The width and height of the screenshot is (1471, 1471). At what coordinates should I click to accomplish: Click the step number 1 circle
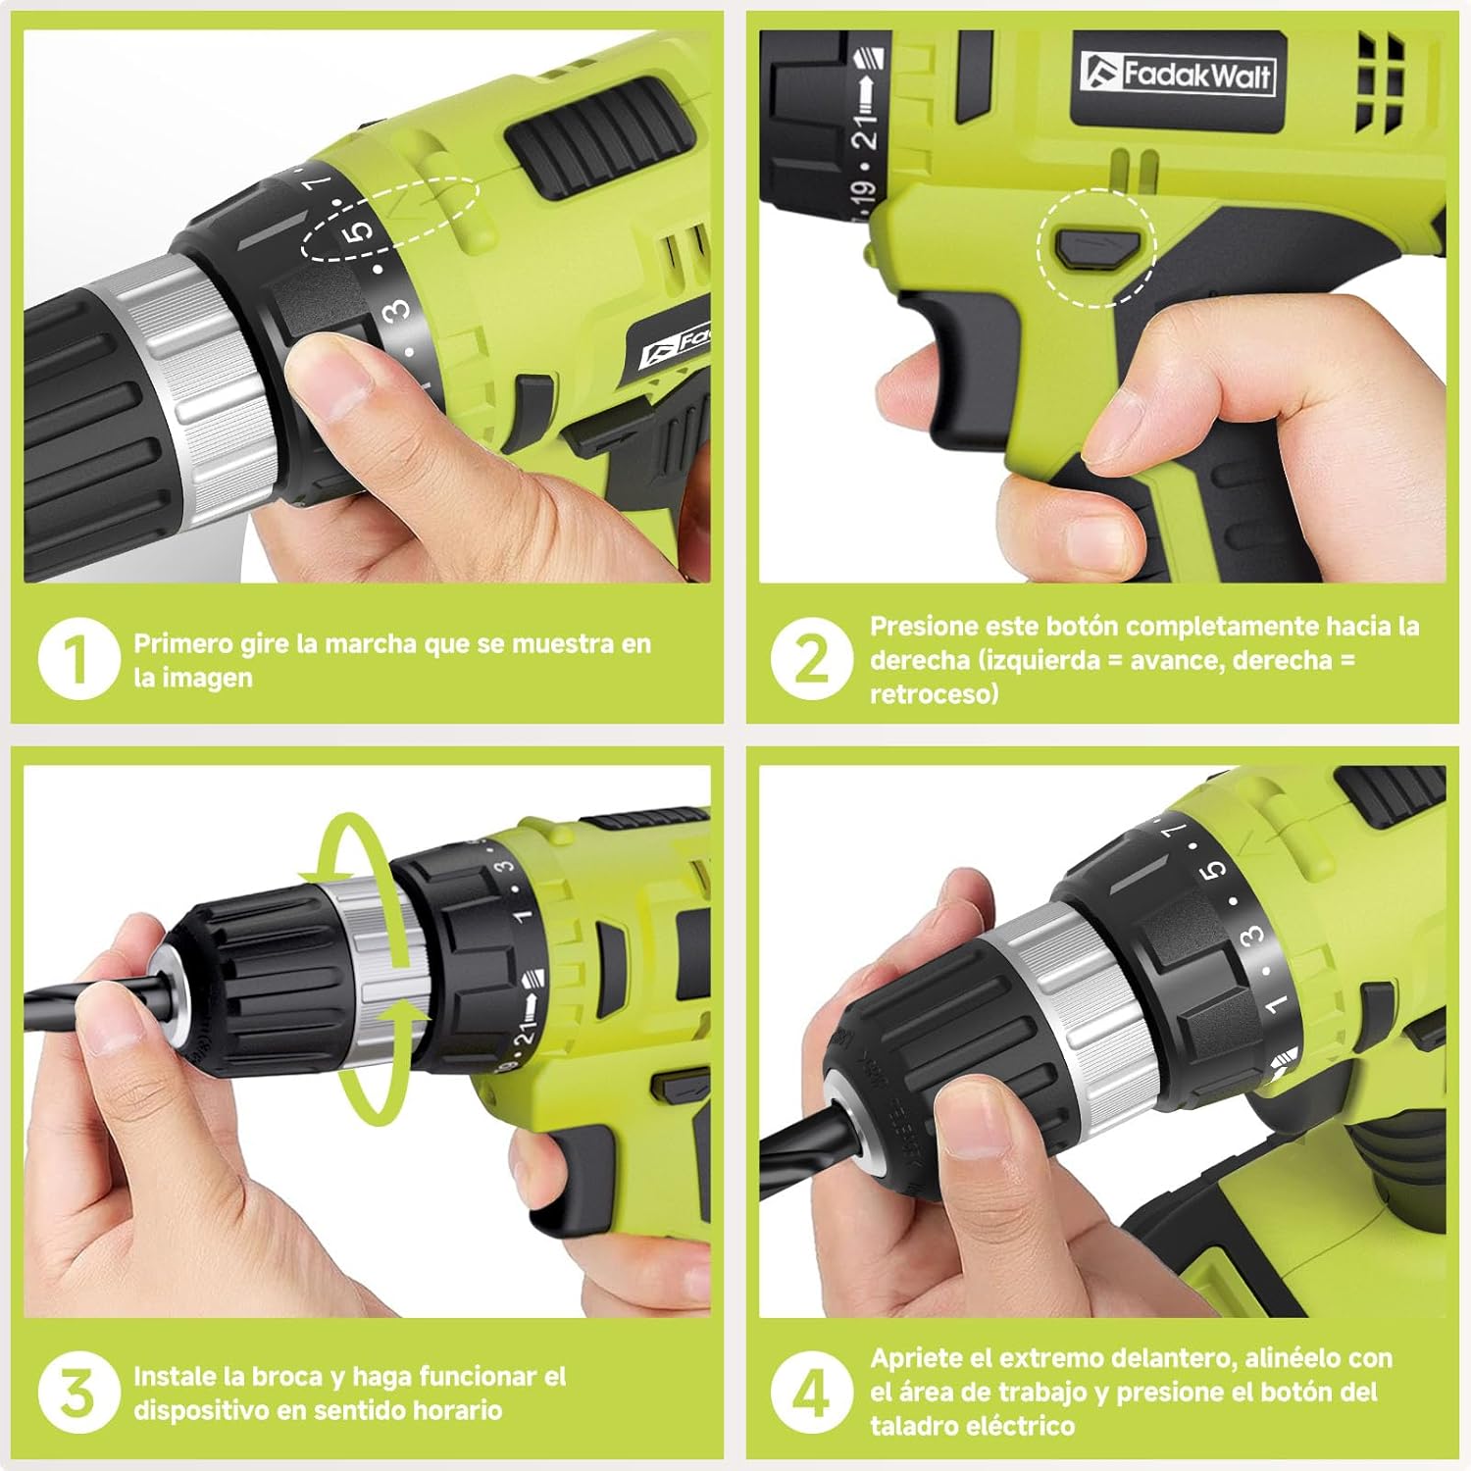(x=77, y=660)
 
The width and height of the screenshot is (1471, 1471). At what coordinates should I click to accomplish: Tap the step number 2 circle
(x=810, y=660)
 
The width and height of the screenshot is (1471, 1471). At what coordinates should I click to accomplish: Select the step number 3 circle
(x=77, y=1393)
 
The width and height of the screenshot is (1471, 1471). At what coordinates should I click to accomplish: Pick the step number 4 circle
(x=810, y=1393)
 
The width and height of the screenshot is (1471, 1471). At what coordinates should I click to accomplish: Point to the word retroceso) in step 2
(x=935, y=694)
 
